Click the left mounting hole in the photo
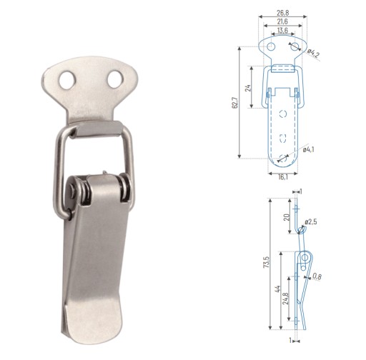click(67, 80)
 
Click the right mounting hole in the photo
click(115, 79)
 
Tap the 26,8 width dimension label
click(283, 13)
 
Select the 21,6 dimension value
click(282, 21)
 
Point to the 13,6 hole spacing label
click(282, 30)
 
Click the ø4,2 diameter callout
click(313, 54)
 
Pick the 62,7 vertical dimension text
click(235, 103)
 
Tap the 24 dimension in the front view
click(248, 88)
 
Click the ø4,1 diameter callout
click(309, 149)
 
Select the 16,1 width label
click(283, 177)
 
